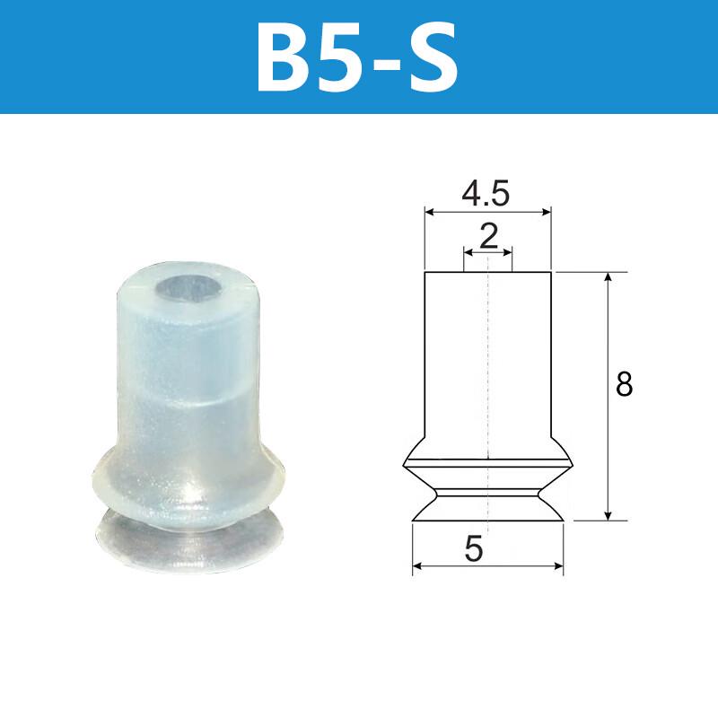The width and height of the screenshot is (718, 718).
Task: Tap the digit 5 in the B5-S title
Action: tap(346, 57)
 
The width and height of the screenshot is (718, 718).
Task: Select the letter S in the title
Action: tap(433, 57)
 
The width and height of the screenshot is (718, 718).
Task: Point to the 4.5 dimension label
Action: tap(486, 193)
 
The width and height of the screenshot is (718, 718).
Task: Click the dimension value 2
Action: tap(488, 236)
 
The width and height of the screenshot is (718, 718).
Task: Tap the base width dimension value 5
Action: tap(474, 548)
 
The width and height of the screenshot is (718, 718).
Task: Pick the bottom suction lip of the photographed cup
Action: tap(188, 542)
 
